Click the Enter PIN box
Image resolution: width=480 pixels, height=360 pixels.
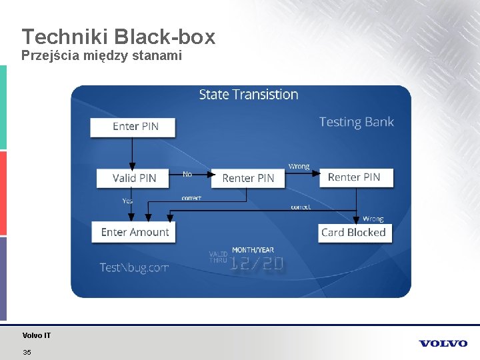click(133, 127)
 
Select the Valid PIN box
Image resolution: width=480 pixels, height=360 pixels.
click(133, 178)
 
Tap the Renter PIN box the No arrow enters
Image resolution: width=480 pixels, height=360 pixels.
click(247, 178)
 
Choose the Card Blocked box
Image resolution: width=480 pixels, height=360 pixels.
click(354, 233)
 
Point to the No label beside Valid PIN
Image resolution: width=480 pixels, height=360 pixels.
click(187, 175)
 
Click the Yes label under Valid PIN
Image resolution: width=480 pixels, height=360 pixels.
click(127, 201)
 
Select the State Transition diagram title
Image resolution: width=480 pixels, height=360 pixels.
click(248, 95)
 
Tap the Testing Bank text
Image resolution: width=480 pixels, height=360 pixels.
click(356, 122)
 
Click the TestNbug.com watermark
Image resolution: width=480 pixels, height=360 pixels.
click(134, 267)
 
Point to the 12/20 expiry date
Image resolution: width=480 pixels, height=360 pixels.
click(257, 265)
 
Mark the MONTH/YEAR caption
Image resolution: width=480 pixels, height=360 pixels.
click(253, 251)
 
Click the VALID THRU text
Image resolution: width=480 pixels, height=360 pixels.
click(218, 257)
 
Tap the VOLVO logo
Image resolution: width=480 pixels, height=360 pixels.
click(443, 343)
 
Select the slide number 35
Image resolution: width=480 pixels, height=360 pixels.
click(27, 352)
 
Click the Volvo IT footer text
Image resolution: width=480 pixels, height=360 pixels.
click(37, 335)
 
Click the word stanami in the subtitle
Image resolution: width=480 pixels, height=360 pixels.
click(158, 56)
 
